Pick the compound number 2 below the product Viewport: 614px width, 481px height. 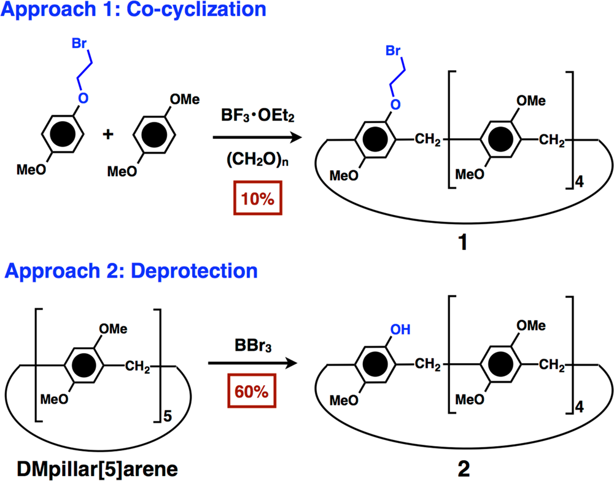pos(462,469)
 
